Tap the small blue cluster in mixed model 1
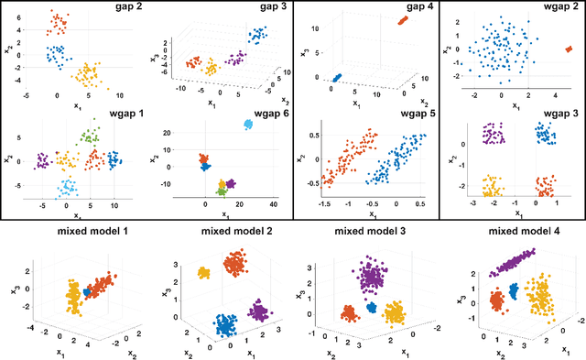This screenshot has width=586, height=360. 89,291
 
